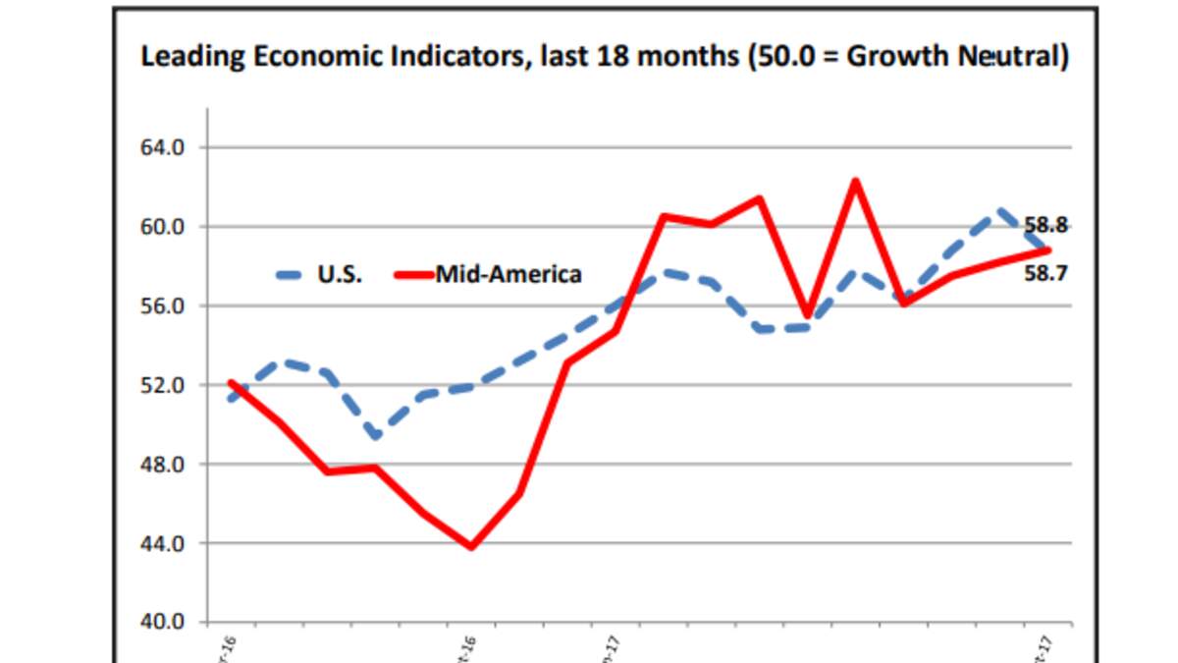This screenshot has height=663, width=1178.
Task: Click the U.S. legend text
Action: coord(339,274)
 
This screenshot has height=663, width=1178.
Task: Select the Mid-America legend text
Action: coord(509,274)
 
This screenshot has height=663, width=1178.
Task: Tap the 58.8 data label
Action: coord(1045,224)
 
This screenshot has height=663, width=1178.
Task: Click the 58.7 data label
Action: coord(1045,274)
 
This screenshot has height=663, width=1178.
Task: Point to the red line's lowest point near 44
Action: coord(471,546)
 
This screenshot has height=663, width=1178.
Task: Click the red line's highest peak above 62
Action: coord(855,181)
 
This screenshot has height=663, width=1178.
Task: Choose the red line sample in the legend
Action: coord(413,274)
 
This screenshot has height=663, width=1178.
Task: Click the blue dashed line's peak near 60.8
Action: coord(999,210)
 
